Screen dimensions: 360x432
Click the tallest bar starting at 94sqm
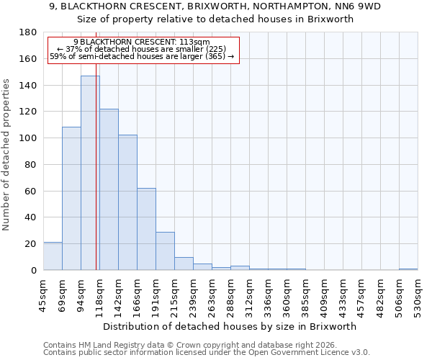click(x=90, y=173)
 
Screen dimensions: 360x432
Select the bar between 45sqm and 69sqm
click(x=53, y=256)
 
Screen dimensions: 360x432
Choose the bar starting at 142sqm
click(x=127, y=202)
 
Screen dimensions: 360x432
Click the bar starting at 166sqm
click(x=146, y=229)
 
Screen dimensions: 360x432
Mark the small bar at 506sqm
click(x=408, y=269)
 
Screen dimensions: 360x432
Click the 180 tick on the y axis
click(x=28, y=32)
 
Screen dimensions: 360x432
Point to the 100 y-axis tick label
click(x=28, y=138)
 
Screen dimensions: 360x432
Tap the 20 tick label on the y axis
click(x=31, y=244)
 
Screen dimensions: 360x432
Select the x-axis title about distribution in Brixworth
click(x=230, y=326)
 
